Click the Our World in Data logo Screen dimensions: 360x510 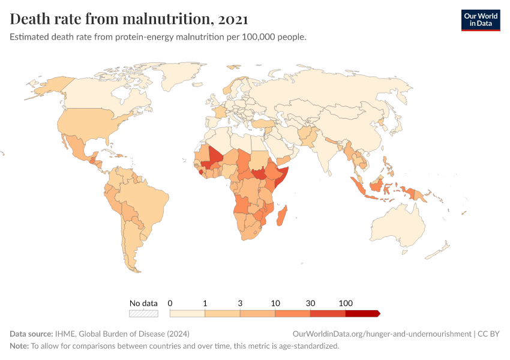(480, 20)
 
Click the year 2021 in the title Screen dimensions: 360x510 (233, 19)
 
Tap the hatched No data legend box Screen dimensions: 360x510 (143, 313)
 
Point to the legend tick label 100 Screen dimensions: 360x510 (346, 303)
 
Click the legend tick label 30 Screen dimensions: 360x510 (310, 303)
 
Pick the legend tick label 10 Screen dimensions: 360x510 (275, 303)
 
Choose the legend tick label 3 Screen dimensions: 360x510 (240, 303)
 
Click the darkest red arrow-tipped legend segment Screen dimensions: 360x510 (362, 313)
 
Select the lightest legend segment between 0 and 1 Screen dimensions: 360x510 (187, 313)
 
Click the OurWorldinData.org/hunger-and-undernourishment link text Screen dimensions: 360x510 (382, 334)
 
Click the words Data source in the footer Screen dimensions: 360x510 (31, 334)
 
